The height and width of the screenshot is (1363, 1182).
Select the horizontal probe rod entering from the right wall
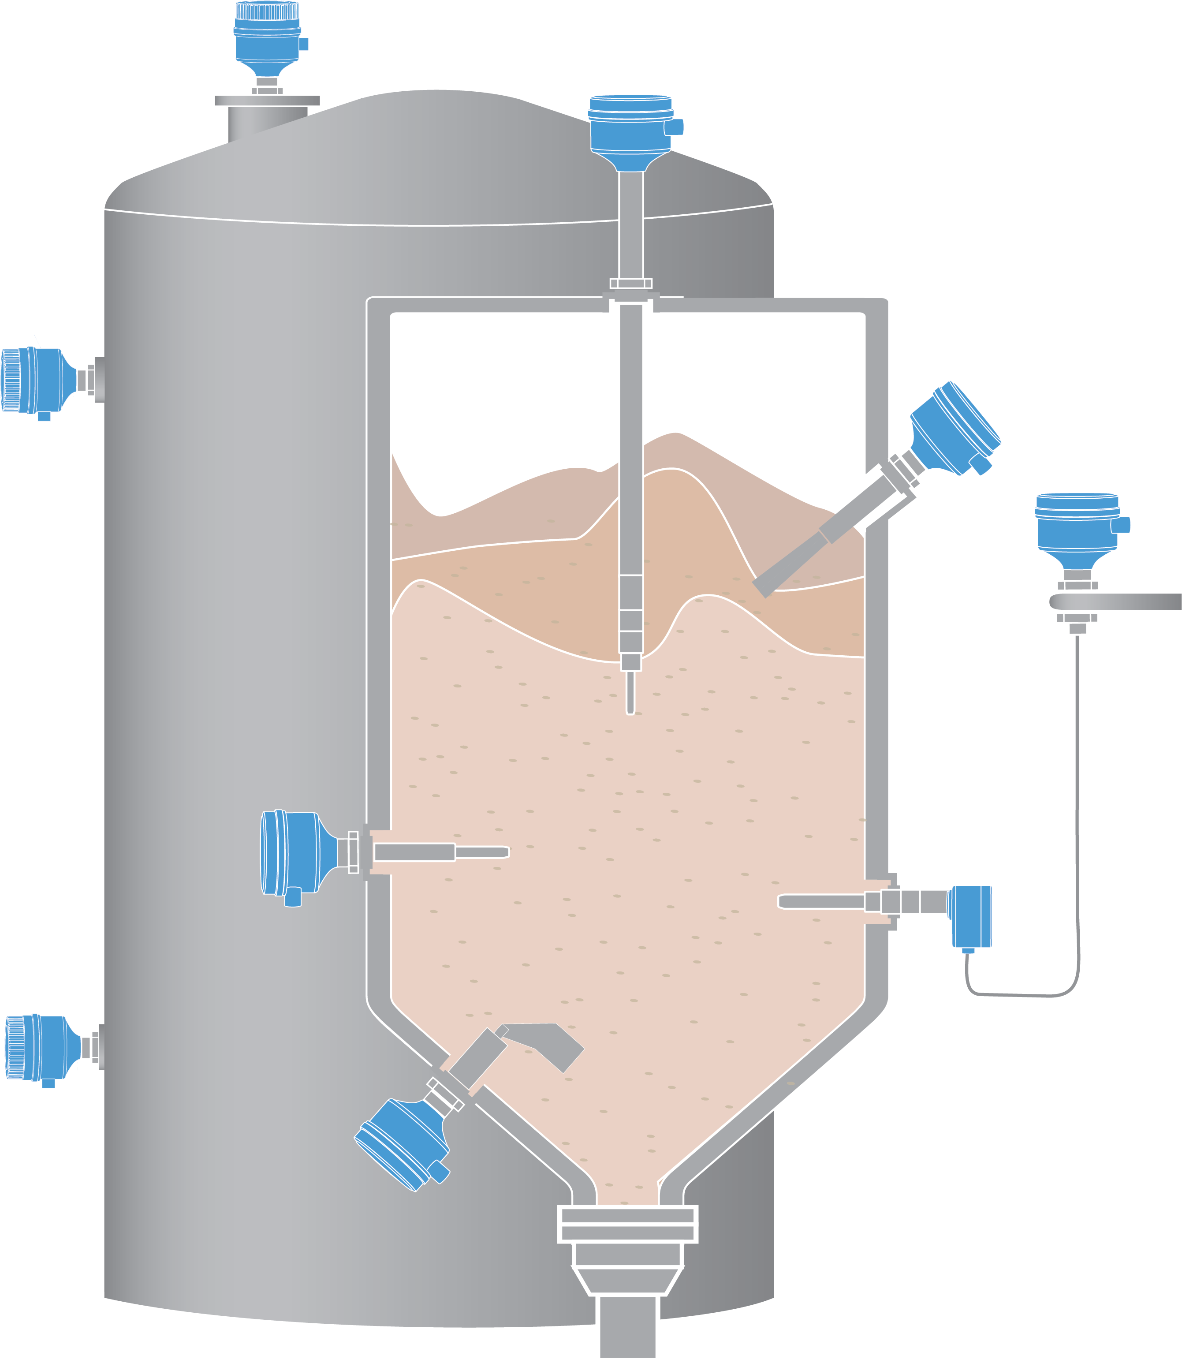821,901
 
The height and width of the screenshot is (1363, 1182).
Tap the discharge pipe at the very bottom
627,1326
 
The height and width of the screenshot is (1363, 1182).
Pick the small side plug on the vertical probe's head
674,127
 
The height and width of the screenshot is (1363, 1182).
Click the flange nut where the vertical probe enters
630,284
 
